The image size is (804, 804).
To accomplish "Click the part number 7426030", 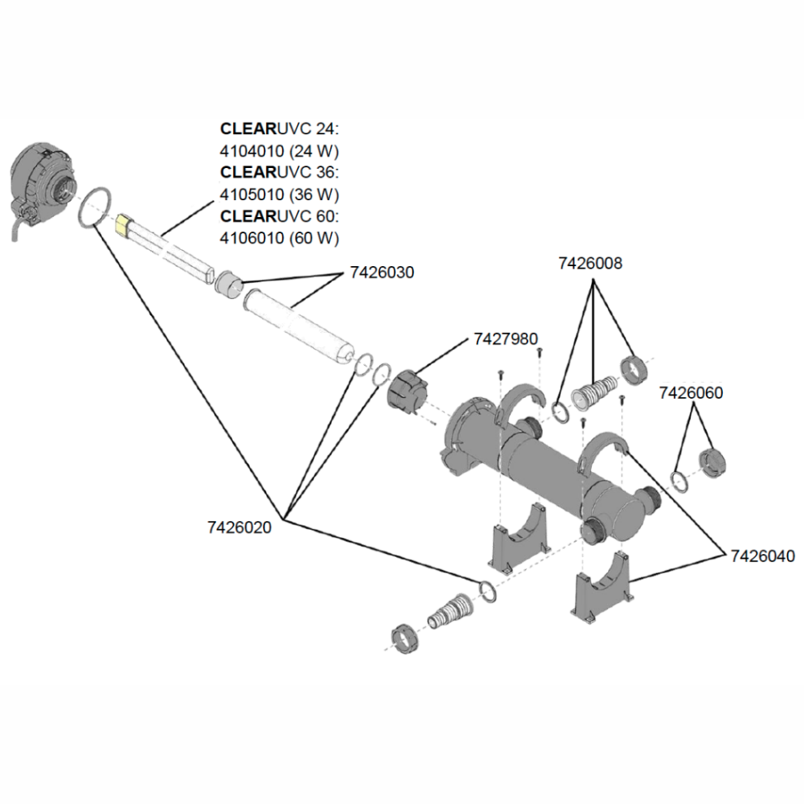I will point(382,273).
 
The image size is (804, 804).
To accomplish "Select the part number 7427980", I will point(506,339).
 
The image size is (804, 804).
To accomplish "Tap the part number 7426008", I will point(590,263).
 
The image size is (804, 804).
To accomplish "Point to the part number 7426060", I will point(691,393).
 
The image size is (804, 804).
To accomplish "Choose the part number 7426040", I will point(761,556).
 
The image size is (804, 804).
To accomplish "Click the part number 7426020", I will point(239,527).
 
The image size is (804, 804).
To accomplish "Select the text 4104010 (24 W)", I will point(280,150).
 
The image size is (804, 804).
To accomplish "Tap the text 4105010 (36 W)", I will point(280,195).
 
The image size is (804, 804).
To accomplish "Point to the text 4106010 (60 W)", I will point(280,238).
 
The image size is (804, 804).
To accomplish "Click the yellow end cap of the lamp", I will point(123,223).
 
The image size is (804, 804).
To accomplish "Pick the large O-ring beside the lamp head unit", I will point(95,207).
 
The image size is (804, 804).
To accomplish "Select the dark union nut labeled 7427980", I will point(408,392).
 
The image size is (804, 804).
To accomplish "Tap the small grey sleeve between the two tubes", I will point(230,284).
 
